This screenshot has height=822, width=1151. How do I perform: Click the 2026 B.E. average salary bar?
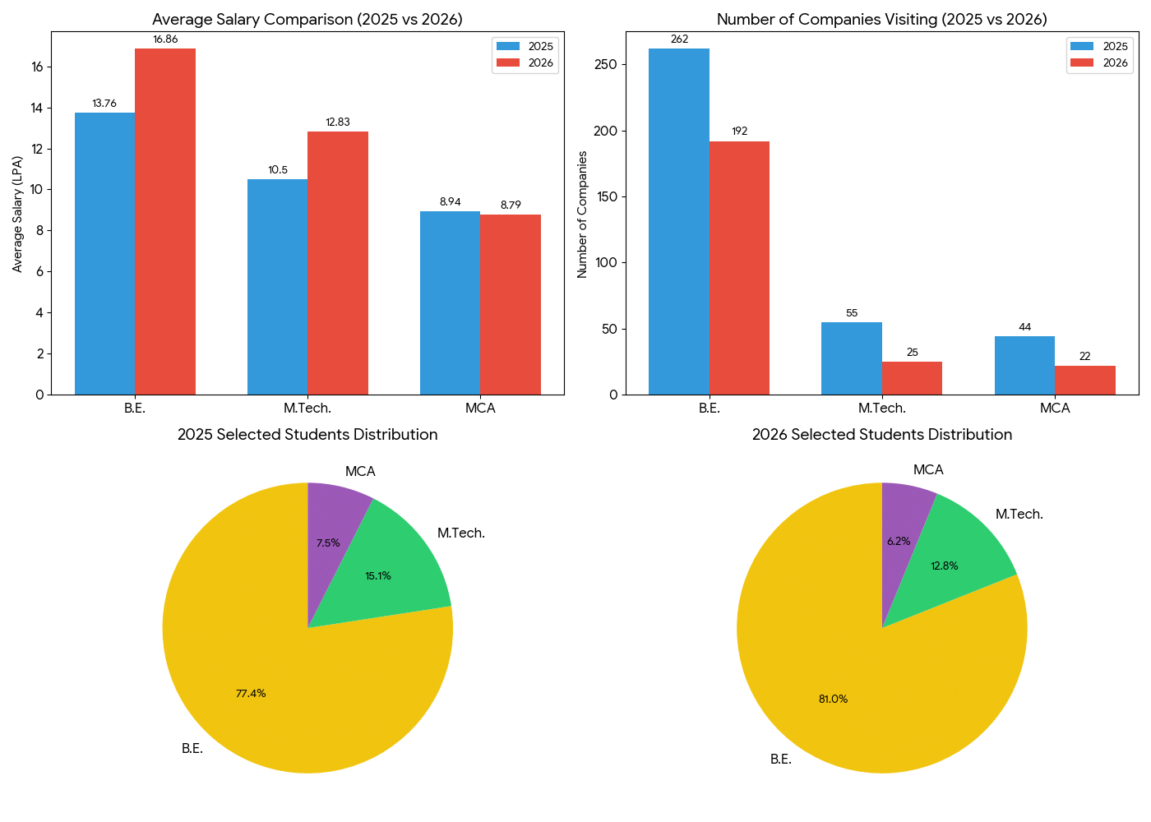165,222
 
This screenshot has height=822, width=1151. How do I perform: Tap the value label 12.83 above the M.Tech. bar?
337,122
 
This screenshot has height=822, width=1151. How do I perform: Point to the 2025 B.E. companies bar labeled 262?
678,222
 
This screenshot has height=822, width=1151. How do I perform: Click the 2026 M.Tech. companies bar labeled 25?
912,378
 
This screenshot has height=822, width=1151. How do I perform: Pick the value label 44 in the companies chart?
1024,327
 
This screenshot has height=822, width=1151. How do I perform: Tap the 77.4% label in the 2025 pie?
251,694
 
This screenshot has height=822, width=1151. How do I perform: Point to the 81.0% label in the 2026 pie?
833,700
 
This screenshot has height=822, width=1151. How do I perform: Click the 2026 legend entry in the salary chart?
525,63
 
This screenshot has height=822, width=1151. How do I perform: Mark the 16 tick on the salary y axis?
38,67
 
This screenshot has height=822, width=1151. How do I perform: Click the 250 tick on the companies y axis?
608,65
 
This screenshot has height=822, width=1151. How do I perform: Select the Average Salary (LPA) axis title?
17,214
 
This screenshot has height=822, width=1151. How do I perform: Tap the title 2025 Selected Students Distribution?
307,435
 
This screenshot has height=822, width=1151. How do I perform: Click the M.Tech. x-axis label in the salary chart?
307,409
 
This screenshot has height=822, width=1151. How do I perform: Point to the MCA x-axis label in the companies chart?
1055,409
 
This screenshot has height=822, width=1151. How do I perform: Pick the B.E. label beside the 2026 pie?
781,760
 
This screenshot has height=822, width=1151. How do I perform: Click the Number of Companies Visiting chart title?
881,20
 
